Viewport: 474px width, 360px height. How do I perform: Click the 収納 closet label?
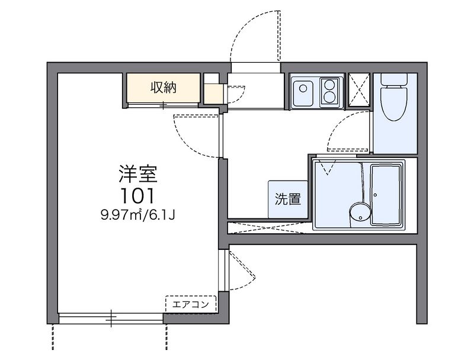[164, 88]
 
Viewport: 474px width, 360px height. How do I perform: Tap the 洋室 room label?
[138, 174]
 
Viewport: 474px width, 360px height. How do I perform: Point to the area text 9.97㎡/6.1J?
[138, 216]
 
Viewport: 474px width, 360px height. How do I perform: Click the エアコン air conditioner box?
[191, 304]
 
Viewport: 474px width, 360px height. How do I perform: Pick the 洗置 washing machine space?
[288, 200]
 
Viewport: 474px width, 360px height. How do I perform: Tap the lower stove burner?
[329, 97]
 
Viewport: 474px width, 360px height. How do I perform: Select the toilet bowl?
[394, 104]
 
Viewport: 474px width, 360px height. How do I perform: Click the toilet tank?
[394, 80]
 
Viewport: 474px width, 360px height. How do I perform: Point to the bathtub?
[386, 195]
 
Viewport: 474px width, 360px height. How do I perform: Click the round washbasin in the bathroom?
[360, 212]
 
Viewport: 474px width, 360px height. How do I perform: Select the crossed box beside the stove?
[359, 90]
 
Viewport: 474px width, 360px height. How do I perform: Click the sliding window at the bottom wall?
[111, 319]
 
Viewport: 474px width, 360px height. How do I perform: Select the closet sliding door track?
[164, 105]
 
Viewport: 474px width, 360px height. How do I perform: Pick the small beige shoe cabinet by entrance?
[213, 94]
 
